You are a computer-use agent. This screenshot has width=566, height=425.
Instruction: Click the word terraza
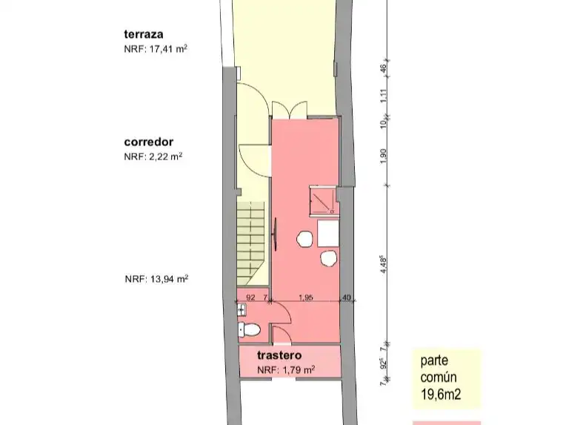[x=144, y=34]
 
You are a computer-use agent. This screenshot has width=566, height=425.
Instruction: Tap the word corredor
[x=149, y=142]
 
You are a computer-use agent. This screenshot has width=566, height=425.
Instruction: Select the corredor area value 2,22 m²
[x=165, y=157]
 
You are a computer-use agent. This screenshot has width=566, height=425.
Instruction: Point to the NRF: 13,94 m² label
[x=156, y=279]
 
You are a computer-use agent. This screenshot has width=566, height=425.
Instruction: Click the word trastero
[x=279, y=355]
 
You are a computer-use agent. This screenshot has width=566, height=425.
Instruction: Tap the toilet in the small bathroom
[x=249, y=329]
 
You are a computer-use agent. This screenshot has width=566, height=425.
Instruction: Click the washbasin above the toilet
[x=242, y=310]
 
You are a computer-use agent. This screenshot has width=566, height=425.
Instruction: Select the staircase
[x=250, y=244]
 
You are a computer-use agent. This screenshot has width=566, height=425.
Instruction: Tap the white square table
[x=328, y=234]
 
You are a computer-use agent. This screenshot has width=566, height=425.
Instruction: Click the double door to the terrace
[x=290, y=110]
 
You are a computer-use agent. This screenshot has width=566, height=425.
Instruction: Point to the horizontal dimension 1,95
[x=306, y=297]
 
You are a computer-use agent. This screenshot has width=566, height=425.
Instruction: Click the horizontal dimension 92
[x=250, y=297]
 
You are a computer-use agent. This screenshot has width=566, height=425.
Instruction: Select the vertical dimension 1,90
[x=383, y=156]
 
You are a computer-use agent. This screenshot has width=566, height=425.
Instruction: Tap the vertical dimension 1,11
[x=383, y=96]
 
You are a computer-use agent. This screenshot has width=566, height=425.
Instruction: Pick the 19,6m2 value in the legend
[x=441, y=394]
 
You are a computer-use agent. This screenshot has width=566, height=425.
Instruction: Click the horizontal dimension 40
[x=346, y=297]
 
